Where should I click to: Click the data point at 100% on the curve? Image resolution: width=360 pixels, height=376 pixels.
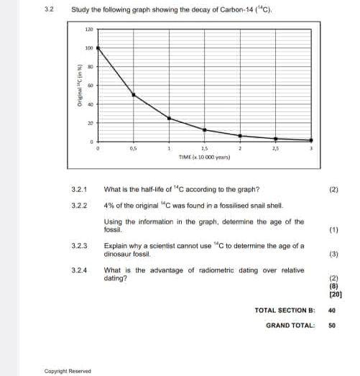click(x=98, y=47)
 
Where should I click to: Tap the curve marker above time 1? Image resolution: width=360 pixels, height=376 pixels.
click(x=169, y=118)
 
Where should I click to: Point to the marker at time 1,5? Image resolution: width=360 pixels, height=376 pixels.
click(x=205, y=130)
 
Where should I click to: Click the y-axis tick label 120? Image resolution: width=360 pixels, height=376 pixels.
click(x=89, y=29)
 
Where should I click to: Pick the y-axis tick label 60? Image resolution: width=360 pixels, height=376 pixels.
click(x=91, y=86)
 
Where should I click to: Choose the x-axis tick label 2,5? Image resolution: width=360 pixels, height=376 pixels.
click(x=275, y=147)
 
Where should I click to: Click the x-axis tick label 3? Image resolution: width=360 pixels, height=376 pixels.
click(x=310, y=147)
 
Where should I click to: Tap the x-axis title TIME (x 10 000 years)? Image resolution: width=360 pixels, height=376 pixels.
click(x=205, y=155)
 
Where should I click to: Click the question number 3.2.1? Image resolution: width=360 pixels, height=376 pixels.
click(x=80, y=191)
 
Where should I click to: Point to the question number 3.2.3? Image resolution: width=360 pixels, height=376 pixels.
click(x=80, y=246)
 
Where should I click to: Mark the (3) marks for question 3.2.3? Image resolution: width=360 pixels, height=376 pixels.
click(x=333, y=255)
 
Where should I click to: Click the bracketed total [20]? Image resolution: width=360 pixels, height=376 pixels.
click(x=335, y=294)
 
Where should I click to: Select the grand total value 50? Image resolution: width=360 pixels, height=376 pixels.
click(x=332, y=325)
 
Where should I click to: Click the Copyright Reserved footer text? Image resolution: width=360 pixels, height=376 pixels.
click(x=68, y=371)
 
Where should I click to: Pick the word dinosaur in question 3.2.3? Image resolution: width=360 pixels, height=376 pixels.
click(x=119, y=254)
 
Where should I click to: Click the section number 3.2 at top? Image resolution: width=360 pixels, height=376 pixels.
click(x=48, y=9)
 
